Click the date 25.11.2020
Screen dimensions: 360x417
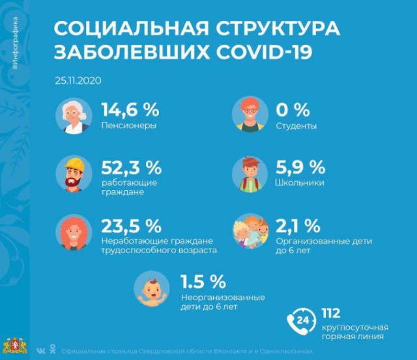click(78, 81)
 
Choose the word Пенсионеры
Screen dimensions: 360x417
click(128, 126)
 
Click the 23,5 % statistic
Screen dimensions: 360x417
click(131, 227)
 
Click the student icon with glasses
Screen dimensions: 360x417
click(250, 116)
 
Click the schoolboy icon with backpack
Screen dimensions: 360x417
click(250, 174)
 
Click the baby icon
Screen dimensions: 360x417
click(151, 288)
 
